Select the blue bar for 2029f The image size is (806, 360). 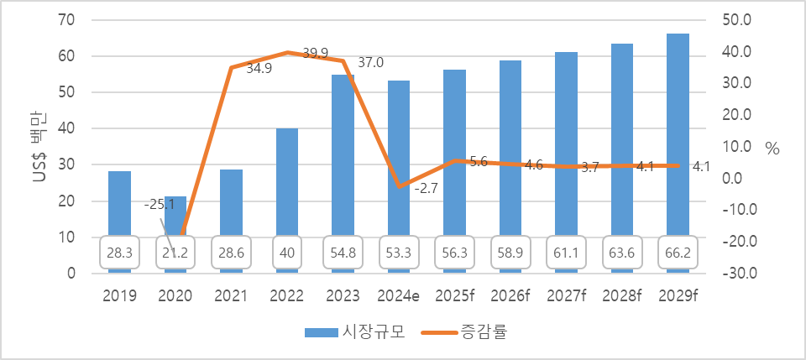[678, 143]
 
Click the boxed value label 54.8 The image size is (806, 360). [343, 252]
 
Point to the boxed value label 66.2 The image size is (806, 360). [678, 252]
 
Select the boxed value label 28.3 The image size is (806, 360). [119, 252]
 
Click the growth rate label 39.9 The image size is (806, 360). [315, 54]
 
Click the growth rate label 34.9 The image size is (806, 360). [259, 68]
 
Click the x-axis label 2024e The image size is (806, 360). [399, 295]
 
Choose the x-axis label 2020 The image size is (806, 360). [175, 295]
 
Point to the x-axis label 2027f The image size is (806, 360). [566, 295]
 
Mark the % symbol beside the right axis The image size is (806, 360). [772, 149]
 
